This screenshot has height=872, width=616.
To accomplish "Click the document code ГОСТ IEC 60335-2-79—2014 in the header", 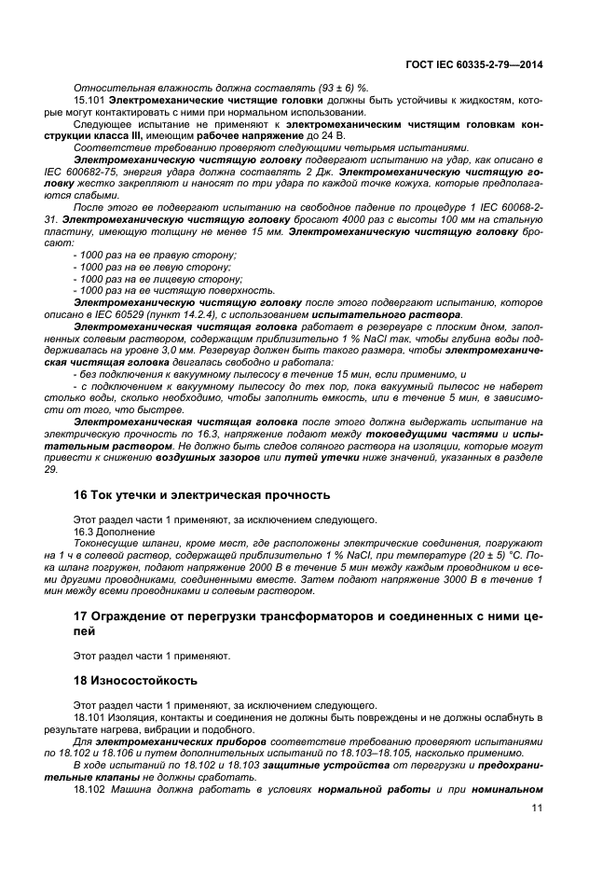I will tap(474, 64).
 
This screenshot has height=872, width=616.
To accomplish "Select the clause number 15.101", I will tap(89, 99).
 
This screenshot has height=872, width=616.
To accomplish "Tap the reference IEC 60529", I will tap(138, 315).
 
